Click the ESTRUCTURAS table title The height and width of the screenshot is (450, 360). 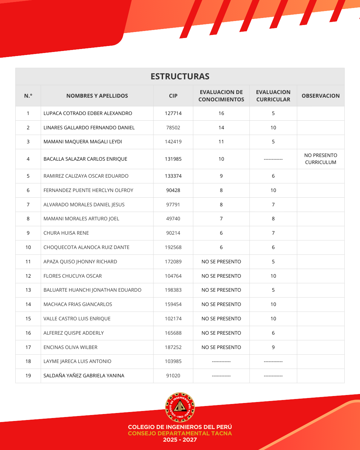[x=180, y=76]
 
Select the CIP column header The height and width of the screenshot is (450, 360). [x=173, y=96]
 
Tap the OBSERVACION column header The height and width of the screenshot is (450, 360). [x=320, y=96]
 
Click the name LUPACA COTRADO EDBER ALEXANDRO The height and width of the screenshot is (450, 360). [x=88, y=113]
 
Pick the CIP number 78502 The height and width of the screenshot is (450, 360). [x=173, y=128]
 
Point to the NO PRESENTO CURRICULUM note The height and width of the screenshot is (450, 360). [x=320, y=159]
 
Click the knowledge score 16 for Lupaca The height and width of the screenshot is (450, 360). [x=221, y=113]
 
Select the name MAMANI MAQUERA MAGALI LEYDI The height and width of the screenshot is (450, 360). [x=83, y=142]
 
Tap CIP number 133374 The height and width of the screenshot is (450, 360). [x=173, y=176]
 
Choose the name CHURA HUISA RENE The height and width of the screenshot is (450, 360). [x=66, y=233]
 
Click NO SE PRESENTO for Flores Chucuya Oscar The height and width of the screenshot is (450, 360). [x=221, y=276]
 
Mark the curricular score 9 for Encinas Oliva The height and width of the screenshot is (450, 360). [x=273, y=347]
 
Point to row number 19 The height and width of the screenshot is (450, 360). [x=28, y=376]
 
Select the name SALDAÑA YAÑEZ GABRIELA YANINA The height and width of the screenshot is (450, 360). [x=84, y=376]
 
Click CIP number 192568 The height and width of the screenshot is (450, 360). [x=173, y=247]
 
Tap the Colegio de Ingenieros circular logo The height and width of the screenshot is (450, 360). [x=180, y=407]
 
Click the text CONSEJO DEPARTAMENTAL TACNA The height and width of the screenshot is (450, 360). [x=180, y=433]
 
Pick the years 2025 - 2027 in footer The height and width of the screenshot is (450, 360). [x=180, y=440]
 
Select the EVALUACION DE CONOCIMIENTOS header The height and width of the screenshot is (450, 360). [x=221, y=96]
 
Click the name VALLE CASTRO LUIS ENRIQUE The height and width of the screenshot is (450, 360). [x=77, y=319]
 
